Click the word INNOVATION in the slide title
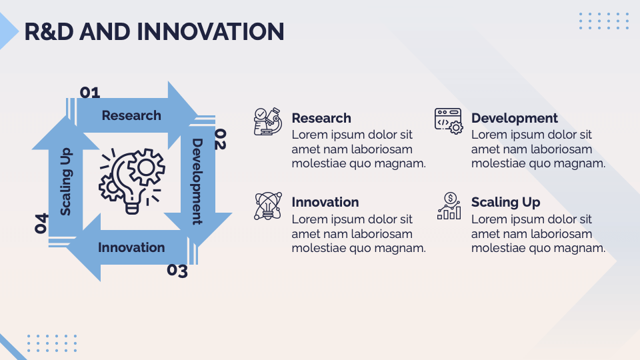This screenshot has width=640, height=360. click(x=210, y=32)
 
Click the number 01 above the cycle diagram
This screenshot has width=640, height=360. click(x=90, y=93)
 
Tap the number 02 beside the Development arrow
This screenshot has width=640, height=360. click(x=221, y=139)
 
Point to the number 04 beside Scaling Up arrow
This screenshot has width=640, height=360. click(x=41, y=223)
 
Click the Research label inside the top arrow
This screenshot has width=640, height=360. click(x=131, y=115)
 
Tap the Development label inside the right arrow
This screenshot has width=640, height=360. click(x=197, y=181)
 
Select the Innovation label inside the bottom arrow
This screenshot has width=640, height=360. click(x=131, y=247)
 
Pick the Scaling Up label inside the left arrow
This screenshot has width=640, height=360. click(x=66, y=181)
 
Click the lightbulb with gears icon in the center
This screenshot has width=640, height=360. click(x=132, y=181)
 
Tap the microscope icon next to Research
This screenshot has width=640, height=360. click(x=268, y=121)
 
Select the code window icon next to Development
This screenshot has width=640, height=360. click(x=449, y=121)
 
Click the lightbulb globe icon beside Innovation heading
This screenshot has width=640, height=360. click(x=268, y=206)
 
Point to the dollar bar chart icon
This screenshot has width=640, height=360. click(x=449, y=206)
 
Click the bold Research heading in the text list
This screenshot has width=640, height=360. click(x=321, y=118)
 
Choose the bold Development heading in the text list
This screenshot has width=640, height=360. click(x=514, y=118)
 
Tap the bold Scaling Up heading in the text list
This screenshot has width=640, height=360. click(x=506, y=202)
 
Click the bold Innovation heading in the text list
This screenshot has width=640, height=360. click(x=325, y=202)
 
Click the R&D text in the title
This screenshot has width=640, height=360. click(x=49, y=32)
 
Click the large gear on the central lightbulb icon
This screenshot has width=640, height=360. click(x=146, y=167)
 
